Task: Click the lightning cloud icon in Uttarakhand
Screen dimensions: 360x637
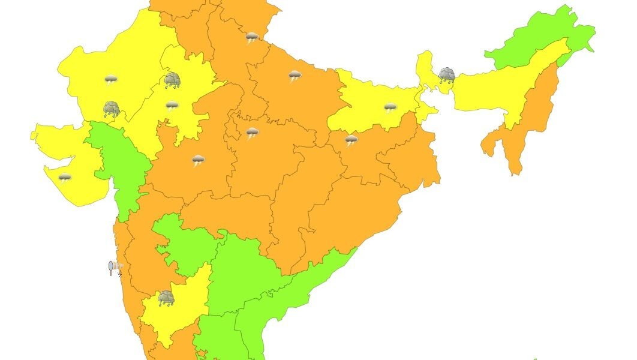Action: pyautogui.click(x=252, y=38)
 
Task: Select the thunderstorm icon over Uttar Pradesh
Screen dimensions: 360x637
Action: pyautogui.click(x=295, y=76)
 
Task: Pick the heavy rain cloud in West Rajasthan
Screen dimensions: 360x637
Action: pyautogui.click(x=112, y=109)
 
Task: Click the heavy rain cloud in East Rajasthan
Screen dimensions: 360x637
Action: pyautogui.click(x=173, y=80)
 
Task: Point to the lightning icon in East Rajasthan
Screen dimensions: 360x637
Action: pyautogui.click(x=172, y=106)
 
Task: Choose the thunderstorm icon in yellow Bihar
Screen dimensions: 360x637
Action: pyautogui.click(x=390, y=108)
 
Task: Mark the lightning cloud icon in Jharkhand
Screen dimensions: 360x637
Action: pyautogui.click(x=351, y=140)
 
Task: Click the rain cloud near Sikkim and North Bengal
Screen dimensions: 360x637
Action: pyautogui.click(x=446, y=76)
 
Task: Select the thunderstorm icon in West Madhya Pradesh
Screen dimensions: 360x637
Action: pyautogui.click(x=199, y=160)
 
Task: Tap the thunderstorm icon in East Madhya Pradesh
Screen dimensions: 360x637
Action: pyautogui.click(x=253, y=133)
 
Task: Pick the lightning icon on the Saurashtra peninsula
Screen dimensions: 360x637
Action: pyautogui.click(x=65, y=178)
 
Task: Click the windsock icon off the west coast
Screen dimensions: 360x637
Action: pyautogui.click(x=115, y=268)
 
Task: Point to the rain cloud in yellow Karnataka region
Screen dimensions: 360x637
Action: pyautogui.click(x=166, y=298)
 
